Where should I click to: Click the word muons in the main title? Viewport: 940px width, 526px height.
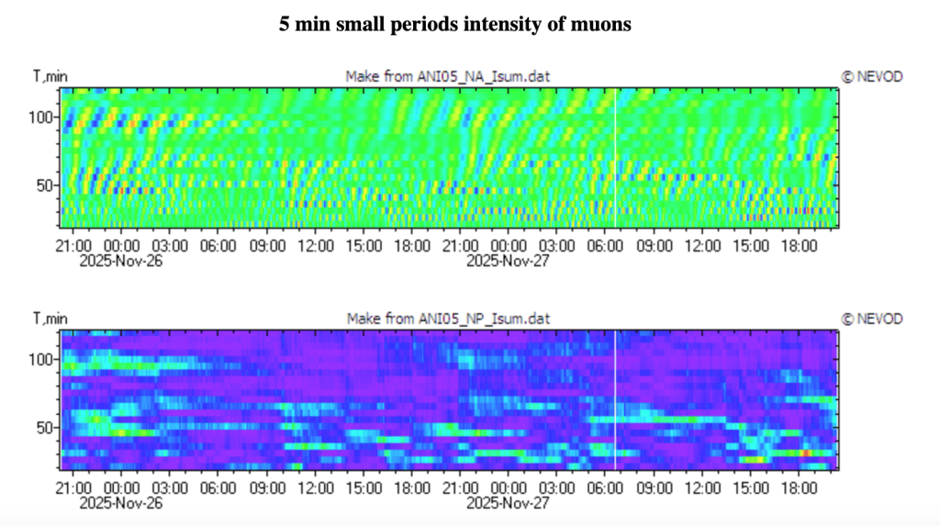point(605,24)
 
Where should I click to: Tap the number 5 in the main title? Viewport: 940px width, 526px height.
point(285,24)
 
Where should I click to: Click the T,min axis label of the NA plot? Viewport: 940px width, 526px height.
point(50,77)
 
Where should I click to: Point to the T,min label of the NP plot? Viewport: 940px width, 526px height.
point(50,319)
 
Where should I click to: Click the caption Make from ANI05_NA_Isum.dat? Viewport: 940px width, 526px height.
point(447,77)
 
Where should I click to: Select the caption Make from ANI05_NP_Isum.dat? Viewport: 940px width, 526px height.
point(448,319)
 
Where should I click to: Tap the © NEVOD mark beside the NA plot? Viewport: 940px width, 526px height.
point(872,77)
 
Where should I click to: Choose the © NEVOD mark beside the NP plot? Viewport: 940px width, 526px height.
point(872,319)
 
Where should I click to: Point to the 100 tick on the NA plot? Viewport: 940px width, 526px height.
point(40,118)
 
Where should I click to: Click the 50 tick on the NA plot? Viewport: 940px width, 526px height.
point(44,186)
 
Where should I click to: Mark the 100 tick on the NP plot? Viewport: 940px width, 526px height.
point(40,360)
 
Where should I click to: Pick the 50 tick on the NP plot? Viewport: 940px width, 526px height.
point(44,429)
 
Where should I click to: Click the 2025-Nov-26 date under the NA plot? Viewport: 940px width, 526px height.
point(121,261)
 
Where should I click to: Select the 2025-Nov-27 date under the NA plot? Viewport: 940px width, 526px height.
point(508,261)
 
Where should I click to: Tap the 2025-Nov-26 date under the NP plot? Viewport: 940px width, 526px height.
point(121,503)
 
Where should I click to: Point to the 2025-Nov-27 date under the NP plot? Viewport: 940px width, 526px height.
point(508,503)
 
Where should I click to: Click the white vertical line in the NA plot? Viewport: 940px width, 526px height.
point(616,158)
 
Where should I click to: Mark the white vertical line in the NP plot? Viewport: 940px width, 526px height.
point(616,400)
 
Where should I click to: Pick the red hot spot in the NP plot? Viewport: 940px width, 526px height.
point(806,453)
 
